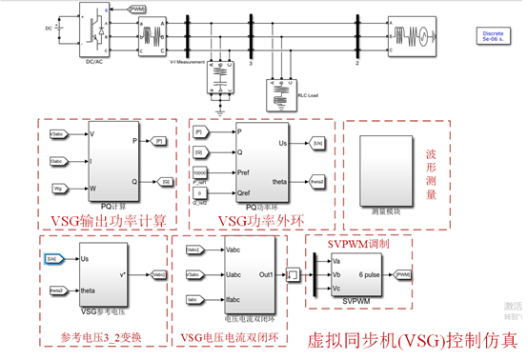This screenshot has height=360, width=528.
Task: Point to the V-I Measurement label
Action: tap(187, 63)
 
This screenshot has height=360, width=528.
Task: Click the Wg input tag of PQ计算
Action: tap(56, 189)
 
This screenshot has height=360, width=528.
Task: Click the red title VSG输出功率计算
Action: tap(107, 220)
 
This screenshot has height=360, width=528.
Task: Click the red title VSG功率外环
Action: tap(261, 220)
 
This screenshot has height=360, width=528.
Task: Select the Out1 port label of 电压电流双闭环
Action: tap(267, 275)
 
